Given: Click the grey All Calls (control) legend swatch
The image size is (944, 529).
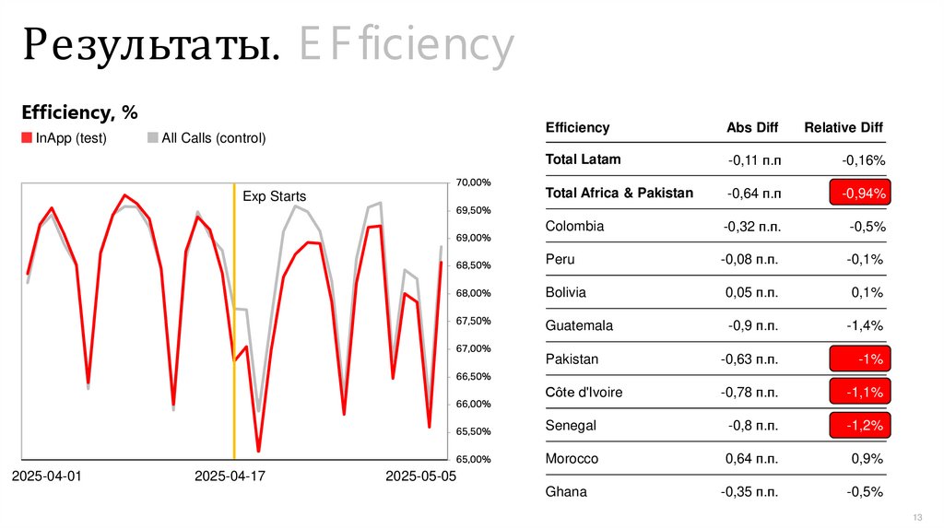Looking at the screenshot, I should (152, 138).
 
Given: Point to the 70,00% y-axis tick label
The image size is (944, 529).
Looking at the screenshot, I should (473, 183).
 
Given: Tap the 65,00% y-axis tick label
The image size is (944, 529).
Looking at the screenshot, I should (473, 459).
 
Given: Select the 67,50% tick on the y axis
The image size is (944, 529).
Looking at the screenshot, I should (473, 321).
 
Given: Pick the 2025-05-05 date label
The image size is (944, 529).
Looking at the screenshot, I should (420, 476).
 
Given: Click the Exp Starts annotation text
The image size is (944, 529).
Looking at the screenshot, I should (274, 196).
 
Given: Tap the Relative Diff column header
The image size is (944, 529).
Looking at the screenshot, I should (844, 128).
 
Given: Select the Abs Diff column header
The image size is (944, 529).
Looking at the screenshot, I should (752, 128).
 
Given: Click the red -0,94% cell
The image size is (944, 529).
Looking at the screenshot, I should (863, 194).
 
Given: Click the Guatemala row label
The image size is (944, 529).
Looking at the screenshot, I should (579, 325).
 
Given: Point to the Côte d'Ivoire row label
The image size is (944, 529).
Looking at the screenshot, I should (584, 392).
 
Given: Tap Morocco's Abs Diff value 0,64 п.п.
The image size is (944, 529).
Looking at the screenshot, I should (751, 458).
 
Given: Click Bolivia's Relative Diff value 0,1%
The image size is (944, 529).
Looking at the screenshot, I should (867, 292).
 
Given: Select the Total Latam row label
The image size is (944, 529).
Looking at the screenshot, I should (583, 159).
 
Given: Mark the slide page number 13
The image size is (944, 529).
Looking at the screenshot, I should (917, 515).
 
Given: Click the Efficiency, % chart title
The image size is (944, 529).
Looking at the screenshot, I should (79, 112).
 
